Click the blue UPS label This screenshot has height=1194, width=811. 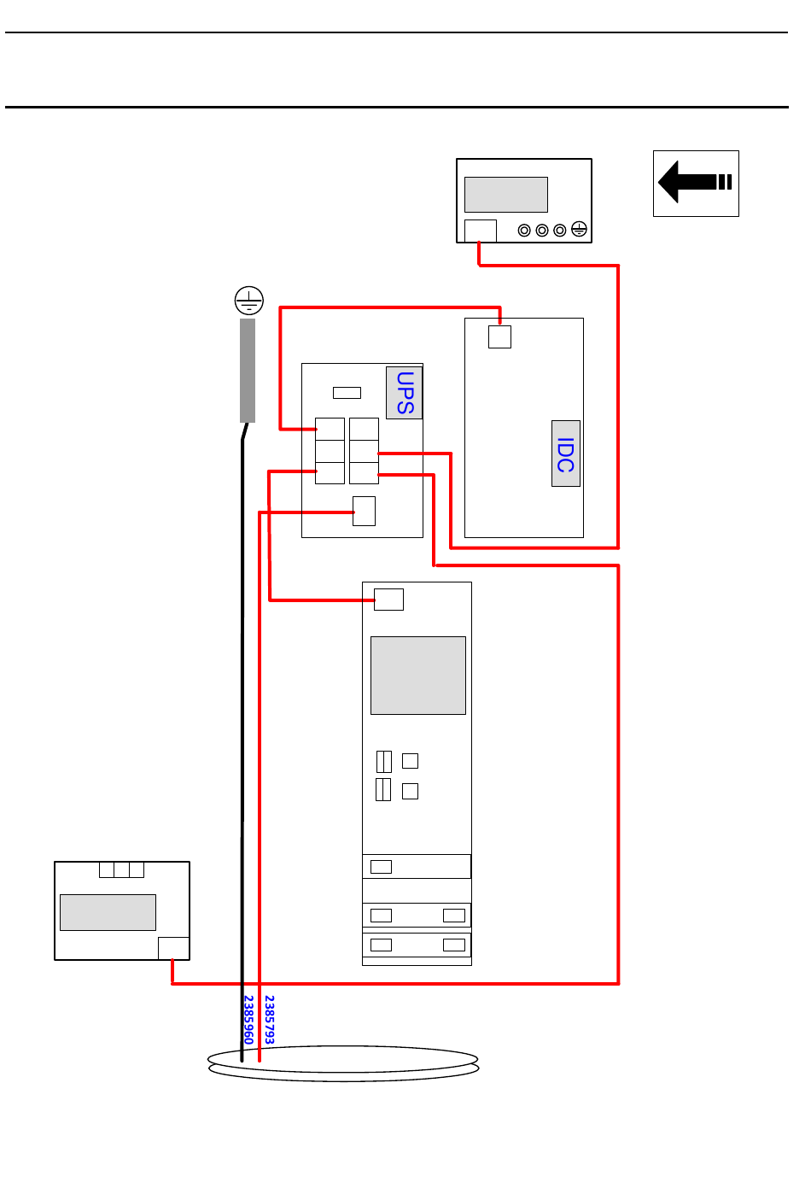[405, 392]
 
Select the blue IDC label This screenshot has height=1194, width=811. [565, 454]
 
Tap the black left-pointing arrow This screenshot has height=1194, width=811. [695, 182]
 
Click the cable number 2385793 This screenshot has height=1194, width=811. [270, 1019]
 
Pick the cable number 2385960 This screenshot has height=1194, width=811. [248, 1019]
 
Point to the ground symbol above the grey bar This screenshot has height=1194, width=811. [248, 301]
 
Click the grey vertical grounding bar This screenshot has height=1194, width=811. [248, 371]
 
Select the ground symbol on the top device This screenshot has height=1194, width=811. [579, 229]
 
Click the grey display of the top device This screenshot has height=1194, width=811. [505, 195]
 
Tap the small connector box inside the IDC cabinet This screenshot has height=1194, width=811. [499, 337]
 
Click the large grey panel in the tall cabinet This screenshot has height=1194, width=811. [417, 676]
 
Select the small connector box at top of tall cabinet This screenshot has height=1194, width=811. [388, 600]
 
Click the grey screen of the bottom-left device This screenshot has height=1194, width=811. [108, 912]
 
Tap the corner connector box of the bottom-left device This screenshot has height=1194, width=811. [173, 948]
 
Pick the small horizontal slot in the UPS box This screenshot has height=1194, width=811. [347, 393]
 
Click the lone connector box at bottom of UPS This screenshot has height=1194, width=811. [364, 512]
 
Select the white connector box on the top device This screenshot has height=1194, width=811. [480, 231]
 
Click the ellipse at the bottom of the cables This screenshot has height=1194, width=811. [343, 1063]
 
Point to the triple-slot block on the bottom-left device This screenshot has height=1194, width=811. [121, 869]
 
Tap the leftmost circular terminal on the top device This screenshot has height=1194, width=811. [524, 231]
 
